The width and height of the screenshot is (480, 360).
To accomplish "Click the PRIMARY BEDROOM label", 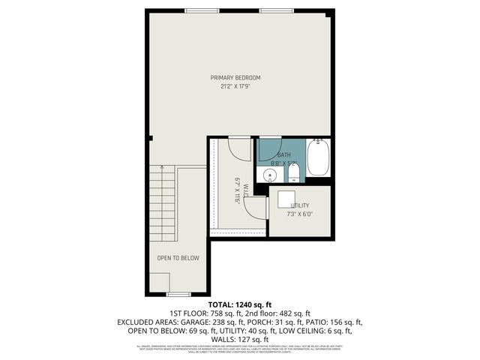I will pos(235,77).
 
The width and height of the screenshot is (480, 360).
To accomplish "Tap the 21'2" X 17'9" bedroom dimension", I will pos(235,85).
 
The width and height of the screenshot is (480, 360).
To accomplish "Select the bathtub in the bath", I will pos(318,157).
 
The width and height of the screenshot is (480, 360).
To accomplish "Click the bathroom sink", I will pos(268,175).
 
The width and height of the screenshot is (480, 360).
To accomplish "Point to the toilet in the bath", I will pos(293,175).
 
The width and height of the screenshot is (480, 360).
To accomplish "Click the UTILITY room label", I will pos(300,205).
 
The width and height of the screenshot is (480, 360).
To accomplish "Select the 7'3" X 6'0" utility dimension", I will pos(300,214).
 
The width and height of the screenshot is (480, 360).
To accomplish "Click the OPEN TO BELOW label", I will pos(178,258).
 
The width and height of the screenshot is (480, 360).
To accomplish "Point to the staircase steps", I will pos(163,203).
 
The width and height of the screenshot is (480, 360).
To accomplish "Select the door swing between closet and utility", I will pos(256,208).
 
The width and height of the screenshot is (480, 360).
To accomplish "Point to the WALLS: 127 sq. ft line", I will pos(240,338).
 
